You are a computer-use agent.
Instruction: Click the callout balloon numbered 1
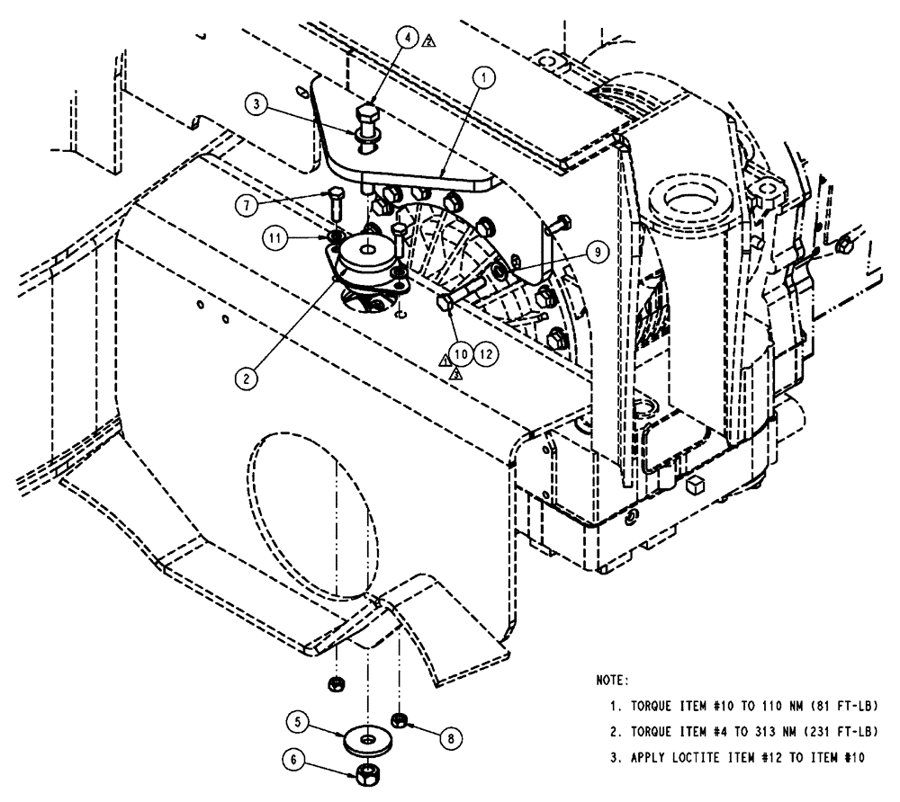tap(483, 79)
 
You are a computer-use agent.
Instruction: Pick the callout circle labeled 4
tap(409, 39)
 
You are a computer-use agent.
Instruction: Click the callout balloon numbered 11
tap(277, 239)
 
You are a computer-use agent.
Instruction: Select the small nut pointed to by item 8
tap(399, 719)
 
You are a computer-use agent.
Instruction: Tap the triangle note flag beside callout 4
tap(429, 40)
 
